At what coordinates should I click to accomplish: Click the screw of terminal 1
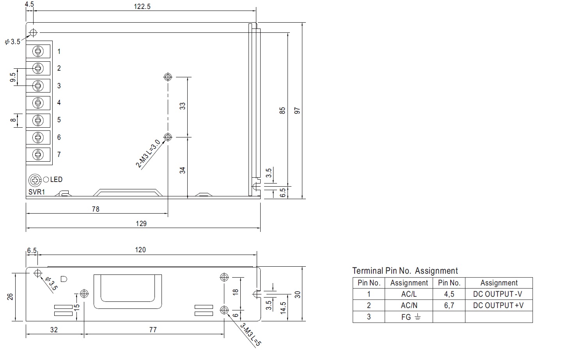click(38, 52)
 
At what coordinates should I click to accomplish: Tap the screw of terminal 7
click(38, 155)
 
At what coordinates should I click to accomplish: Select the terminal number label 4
click(59, 103)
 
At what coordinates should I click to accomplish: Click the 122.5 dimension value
click(142, 7)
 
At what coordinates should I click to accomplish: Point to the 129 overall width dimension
click(141, 224)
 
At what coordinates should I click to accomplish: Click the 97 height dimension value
click(297, 110)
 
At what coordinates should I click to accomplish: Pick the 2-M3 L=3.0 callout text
click(148, 153)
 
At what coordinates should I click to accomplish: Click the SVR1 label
click(37, 192)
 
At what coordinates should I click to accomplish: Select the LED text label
click(56, 180)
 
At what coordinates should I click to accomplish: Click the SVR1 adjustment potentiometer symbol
click(35, 180)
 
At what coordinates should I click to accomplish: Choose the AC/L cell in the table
click(409, 294)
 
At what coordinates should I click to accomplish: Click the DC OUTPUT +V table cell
click(499, 305)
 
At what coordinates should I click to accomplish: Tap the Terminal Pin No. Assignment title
click(405, 271)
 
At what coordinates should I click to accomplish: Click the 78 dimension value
click(96, 209)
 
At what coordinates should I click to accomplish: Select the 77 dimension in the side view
click(153, 330)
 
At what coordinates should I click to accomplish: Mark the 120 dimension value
click(140, 250)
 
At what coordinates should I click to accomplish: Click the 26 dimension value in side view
click(10, 297)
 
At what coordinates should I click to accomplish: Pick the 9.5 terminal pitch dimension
click(13, 77)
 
